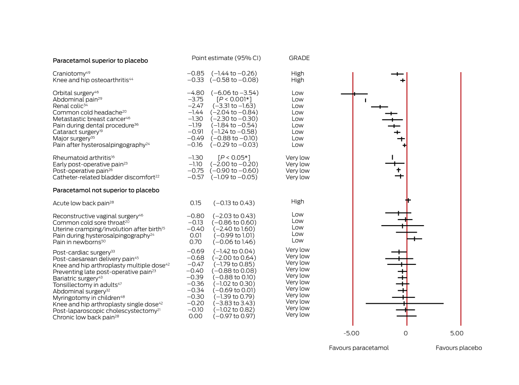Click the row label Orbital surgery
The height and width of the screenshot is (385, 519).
74,93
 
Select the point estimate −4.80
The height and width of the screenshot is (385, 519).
195,93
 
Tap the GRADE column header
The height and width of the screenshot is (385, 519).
299,58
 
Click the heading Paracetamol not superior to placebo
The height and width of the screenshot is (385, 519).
106,190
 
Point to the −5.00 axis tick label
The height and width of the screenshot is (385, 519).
352,333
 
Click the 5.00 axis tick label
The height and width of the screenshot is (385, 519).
457,333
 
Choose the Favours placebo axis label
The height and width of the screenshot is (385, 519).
458,348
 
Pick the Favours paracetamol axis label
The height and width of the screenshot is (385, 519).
359,348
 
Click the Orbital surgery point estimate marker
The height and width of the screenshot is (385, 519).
354,94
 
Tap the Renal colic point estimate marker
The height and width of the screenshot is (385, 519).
380,107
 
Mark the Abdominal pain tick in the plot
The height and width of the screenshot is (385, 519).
365,100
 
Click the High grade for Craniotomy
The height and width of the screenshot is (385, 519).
298,73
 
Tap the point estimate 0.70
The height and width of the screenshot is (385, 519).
195,242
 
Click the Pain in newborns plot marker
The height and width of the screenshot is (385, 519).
414,239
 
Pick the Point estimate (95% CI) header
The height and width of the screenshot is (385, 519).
226,58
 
